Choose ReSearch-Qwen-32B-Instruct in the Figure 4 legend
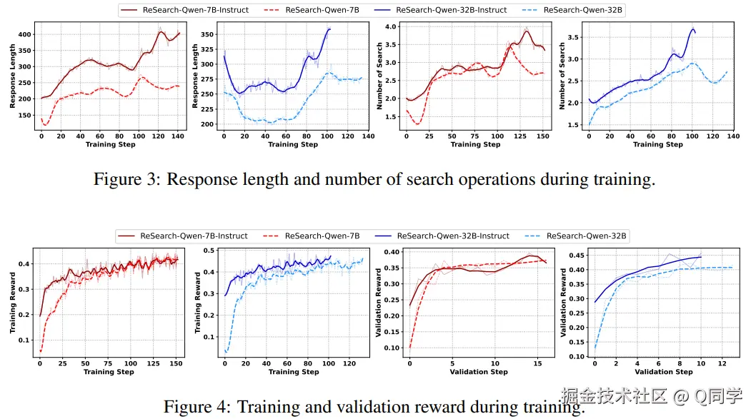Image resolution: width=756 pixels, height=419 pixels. [453, 236]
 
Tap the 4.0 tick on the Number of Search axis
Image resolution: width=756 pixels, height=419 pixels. [390, 26]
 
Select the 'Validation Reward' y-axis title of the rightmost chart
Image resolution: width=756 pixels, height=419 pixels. [563, 303]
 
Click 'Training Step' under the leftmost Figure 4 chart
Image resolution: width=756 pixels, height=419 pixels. [109, 372]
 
